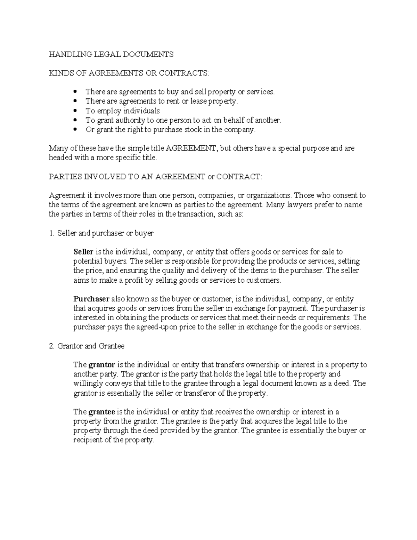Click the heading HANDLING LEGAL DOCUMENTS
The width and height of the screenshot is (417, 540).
111,54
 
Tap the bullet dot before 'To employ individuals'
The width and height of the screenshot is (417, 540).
76,111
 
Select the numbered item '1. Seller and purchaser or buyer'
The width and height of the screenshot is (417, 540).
101,233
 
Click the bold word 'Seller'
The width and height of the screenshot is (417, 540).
83,252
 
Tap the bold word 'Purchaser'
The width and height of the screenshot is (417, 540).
91,299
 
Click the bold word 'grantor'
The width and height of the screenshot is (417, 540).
102,365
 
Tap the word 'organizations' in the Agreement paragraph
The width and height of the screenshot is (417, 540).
269,195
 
